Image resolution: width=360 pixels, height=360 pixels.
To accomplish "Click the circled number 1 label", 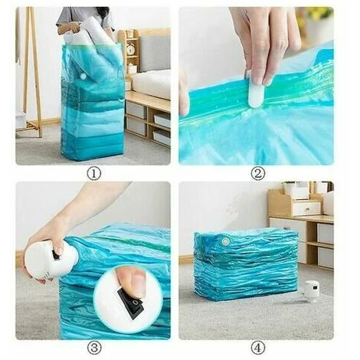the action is pos(94,174).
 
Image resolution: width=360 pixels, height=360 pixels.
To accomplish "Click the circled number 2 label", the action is pos(258,174).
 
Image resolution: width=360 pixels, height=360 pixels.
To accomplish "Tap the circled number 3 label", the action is pos(94,348).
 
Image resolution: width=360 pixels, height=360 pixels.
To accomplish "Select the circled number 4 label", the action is pos(258,348).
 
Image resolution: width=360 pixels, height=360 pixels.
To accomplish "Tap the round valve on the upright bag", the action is pos(83,76).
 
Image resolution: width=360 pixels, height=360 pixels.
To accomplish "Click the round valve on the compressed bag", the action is pos(225,241).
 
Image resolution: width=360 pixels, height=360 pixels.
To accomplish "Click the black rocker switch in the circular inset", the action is pos(131,305).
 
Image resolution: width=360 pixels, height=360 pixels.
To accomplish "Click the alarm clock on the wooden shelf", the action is pos(131,47).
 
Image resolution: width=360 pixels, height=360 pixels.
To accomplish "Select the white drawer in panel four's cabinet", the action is pos(306,208).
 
